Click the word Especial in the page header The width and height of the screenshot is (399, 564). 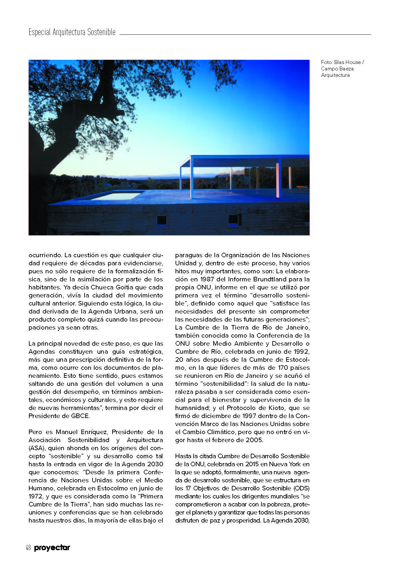[40, 32]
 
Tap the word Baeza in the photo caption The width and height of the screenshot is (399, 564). [346, 68]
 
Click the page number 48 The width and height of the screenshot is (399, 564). [28, 548]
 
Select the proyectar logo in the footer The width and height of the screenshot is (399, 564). [52, 548]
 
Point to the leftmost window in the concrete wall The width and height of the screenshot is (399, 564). [161, 221]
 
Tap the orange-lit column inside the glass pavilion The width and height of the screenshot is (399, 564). [277, 180]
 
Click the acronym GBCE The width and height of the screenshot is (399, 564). [80, 416]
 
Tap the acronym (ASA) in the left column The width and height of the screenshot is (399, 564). [37, 448]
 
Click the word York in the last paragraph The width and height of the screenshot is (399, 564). [295, 464]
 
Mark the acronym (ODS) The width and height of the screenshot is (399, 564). [301, 488]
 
